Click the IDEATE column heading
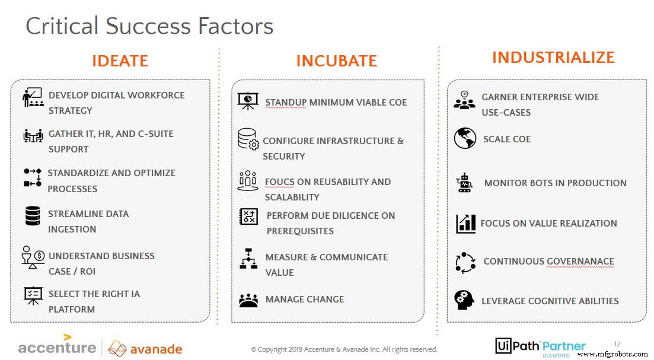pyautogui.click(x=120, y=61)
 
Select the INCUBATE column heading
pyautogui.click(x=336, y=61)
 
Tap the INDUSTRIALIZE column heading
pyautogui.click(x=553, y=58)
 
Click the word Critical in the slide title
pyautogui.click(x=62, y=26)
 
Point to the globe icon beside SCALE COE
pyautogui.click(x=465, y=138)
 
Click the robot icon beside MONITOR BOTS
pyautogui.click(x=464, y=183)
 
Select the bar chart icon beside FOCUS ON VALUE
pyautogui.click(x=465, y=223)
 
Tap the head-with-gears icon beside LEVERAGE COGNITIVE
pyautogui.click(x=464, y=300)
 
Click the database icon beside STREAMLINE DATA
pyautogui.click(x=33, y=215)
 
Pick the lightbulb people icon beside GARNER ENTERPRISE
pyautogui.click(x=464, y=100)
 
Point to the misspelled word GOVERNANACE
pyautogui.click(x=580, y=262)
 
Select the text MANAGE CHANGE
pyautogui.click(x=305, y=300)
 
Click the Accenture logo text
pyautogui.click(x=57, y=348)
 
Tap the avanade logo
pyautogui.click(x=146, y=348)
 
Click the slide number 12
pyautogui.click(x=617, y=343)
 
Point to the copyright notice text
pyautogui.click(x=344, y=349)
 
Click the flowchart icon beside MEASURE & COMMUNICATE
pyautogui.click(x=248, y=259)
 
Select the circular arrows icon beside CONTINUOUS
pyautogui.click(x=464, y=262)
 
